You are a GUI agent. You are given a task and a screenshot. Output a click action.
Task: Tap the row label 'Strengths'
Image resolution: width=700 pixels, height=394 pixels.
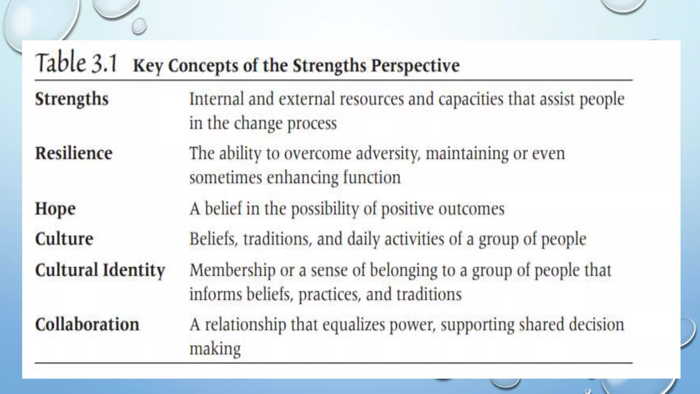coord(72,99)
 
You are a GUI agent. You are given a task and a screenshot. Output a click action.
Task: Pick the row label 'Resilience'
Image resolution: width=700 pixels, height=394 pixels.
coord(74,153)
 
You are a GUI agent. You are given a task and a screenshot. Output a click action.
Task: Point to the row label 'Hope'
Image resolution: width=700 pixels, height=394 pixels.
coord(55,209)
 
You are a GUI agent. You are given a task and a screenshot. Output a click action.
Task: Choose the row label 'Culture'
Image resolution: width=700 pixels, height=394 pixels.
coord(64,239)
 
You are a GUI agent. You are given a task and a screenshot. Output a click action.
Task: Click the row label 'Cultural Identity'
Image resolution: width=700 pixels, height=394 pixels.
coord(100,270)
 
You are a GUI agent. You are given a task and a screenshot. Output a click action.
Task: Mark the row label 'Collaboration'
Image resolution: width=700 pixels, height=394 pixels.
coord(87,324)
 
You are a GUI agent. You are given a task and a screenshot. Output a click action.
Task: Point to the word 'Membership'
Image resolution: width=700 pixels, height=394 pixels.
coord(232,271)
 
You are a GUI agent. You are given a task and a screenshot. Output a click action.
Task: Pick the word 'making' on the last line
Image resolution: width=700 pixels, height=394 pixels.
coord(215,349)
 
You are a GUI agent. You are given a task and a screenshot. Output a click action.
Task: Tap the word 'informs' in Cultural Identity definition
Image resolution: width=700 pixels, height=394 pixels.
coord(215,294)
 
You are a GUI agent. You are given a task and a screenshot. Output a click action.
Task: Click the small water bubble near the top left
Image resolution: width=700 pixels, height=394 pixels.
coord(139,26)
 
